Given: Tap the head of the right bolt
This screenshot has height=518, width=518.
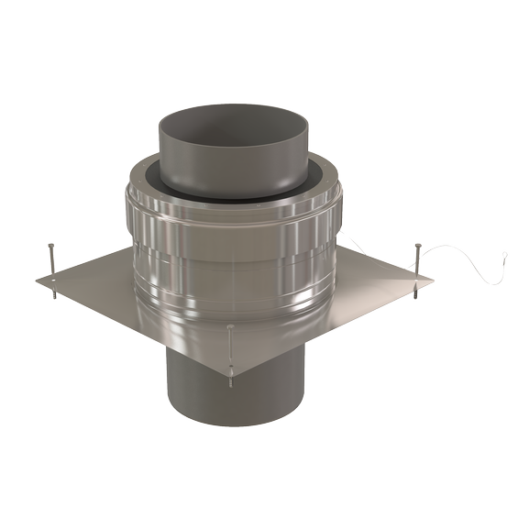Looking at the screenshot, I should pyautogui.click(x=418, y=245).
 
